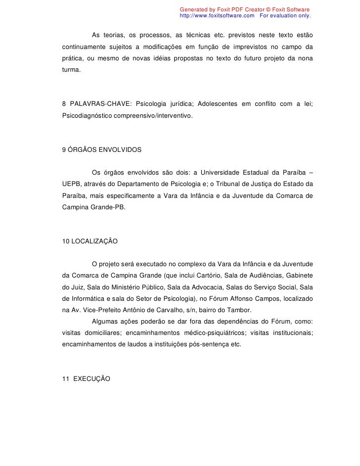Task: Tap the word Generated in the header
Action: coord(193,10)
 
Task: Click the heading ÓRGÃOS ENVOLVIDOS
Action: coord(105,149)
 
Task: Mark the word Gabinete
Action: coord(297,275)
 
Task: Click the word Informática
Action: coord(91,298)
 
